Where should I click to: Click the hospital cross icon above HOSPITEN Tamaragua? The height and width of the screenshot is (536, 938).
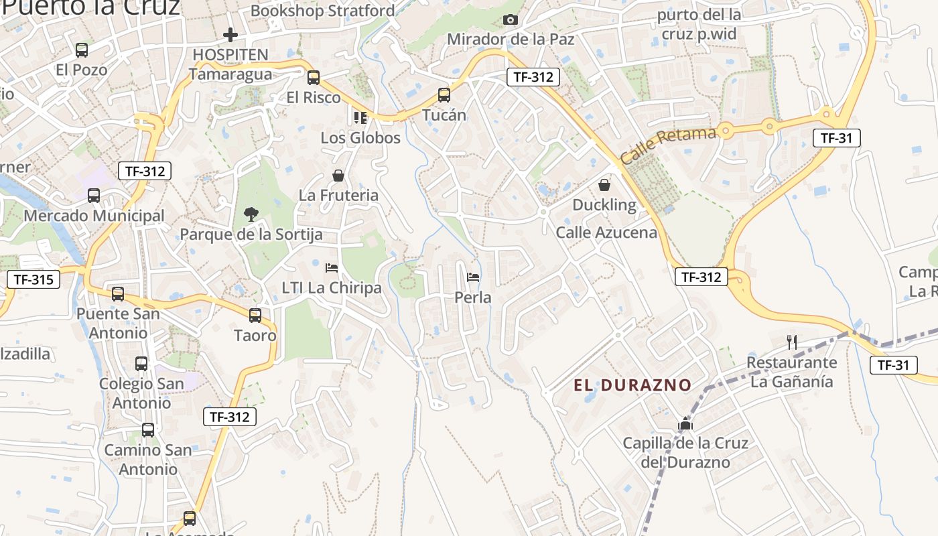230,35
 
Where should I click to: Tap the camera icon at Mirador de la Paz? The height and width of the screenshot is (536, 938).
511,20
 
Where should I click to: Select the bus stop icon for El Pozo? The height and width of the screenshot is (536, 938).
82,50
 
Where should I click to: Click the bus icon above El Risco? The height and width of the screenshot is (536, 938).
314,78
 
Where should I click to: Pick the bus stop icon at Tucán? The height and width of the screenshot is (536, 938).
444,95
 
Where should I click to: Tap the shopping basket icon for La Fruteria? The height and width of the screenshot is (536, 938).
338,176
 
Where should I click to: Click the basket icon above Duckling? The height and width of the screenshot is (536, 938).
604,185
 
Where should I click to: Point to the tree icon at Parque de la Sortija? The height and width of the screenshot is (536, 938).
251,214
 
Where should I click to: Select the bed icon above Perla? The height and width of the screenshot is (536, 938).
473,277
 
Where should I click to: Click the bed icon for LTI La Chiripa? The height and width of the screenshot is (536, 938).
332,268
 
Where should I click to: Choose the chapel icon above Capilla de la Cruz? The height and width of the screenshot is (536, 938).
685,423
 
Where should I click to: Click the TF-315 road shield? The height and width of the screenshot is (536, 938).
33,279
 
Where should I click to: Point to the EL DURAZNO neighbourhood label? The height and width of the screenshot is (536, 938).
632,385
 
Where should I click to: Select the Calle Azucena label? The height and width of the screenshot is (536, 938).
606,232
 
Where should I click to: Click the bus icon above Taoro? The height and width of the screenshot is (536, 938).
255,316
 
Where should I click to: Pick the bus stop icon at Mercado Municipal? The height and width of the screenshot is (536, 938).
94,196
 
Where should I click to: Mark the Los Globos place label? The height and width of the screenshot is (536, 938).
360,138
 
